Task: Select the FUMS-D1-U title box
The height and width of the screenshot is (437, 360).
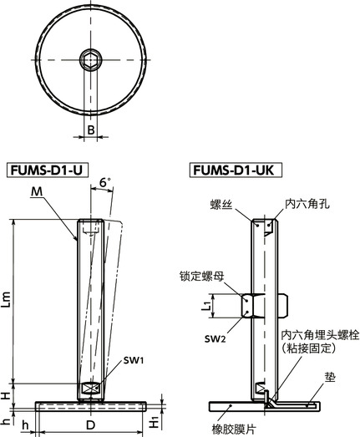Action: (x=47, y=169)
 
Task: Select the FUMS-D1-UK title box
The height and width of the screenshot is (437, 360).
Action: (x=236, y=169)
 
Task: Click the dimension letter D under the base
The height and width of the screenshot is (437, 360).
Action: (x=91, y=425)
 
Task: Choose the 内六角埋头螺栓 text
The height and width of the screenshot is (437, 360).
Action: (x=318, y=334)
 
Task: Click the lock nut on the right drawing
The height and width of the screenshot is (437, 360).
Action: (x=256, y=306)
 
